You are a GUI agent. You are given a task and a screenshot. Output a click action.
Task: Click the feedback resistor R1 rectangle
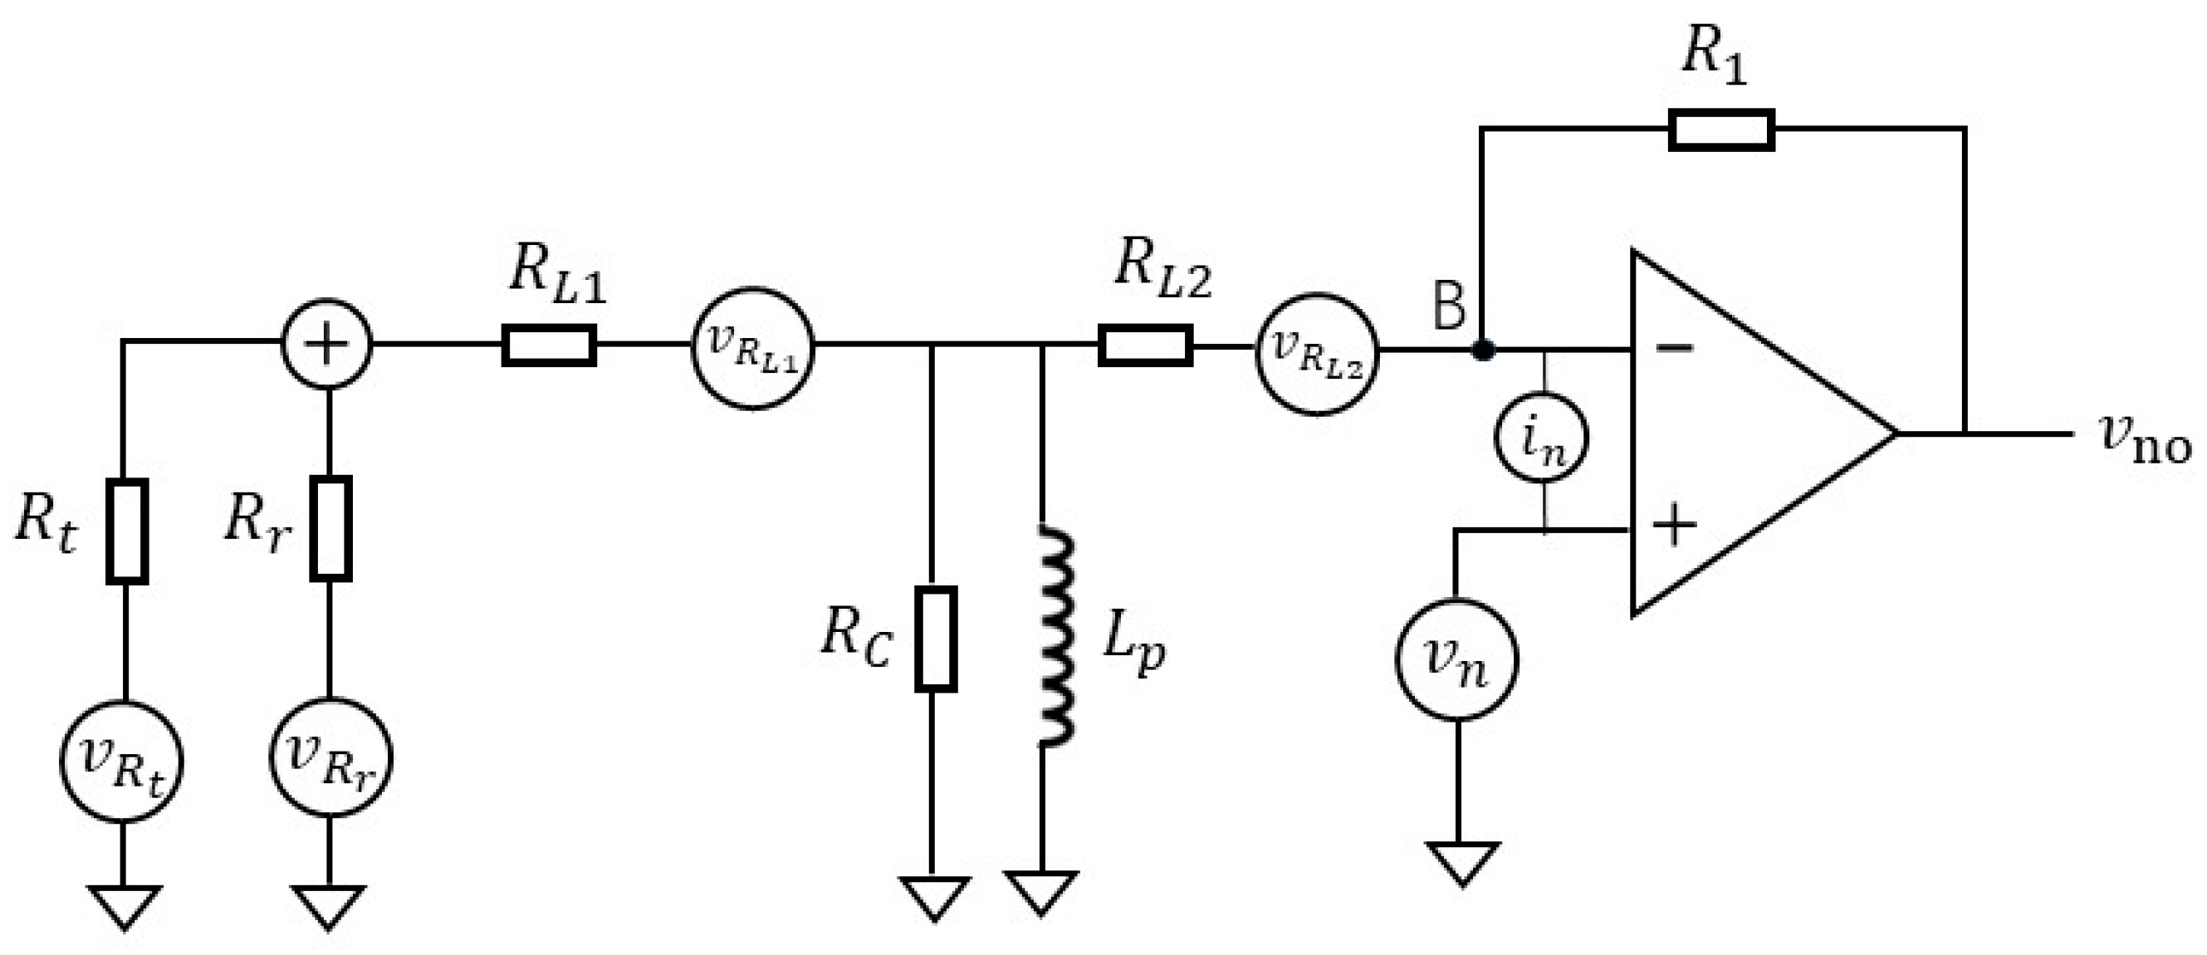(1720, 130)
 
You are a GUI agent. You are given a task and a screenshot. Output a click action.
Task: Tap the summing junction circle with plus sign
(326, 345)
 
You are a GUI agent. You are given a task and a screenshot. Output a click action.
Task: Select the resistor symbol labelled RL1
(548, 345)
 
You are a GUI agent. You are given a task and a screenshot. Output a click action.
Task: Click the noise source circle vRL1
(752, 350)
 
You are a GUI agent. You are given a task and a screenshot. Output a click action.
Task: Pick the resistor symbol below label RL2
(1145, 345)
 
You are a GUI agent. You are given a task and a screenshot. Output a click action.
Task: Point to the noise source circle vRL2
(1317, 354)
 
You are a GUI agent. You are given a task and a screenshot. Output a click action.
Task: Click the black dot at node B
(1483, 350)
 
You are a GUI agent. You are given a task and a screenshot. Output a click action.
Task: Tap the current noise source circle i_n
(1540, 438)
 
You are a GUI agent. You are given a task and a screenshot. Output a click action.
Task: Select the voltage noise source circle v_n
(1456, 659)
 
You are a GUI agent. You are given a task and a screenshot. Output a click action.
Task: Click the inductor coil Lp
(1055, 635)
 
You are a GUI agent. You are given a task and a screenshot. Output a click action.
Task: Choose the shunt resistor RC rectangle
(936, 638)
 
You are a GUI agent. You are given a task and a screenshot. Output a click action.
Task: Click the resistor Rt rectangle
(127, 531)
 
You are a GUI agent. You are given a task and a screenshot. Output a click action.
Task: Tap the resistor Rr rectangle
(330, 528)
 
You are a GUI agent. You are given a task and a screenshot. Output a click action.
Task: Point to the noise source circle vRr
(330, 757)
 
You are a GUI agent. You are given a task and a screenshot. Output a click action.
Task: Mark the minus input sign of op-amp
(1673, 346)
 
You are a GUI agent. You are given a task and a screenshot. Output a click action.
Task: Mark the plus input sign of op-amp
(1673, 524)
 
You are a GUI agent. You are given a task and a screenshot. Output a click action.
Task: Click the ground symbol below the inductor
(1041, 892)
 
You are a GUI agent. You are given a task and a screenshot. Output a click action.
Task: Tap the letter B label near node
(1449, 306)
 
